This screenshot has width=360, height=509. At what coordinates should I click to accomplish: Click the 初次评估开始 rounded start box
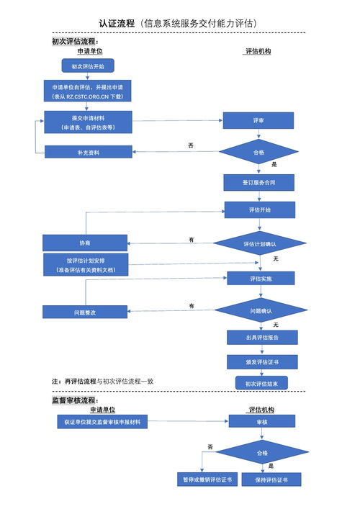87,66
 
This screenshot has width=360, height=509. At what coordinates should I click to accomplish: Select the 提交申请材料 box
87,122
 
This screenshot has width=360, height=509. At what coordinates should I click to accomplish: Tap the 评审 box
258,121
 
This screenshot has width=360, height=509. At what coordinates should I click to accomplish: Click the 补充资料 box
88,152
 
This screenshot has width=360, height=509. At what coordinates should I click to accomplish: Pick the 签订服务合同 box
258,183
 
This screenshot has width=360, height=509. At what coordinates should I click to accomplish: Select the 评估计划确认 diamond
259,244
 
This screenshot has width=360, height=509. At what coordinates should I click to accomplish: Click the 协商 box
85,243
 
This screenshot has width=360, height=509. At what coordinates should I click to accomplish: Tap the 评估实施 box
261,278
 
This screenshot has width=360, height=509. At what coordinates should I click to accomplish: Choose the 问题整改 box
85,312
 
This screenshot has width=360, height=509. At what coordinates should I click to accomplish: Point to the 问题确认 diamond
261,310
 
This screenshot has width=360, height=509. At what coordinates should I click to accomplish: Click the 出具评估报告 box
262,337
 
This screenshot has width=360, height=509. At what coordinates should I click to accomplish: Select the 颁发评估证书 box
262,361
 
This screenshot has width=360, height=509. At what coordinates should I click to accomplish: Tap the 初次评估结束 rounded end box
262,384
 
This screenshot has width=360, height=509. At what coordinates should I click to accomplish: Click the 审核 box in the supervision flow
262,423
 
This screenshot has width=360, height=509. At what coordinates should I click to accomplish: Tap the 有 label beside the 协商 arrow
192,239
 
